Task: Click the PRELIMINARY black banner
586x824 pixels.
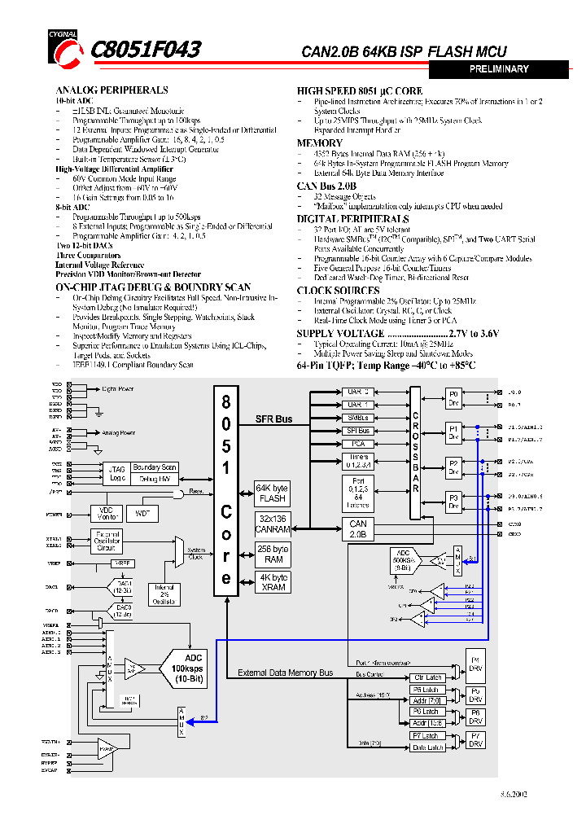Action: [499, 70]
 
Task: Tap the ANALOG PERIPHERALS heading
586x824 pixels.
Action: [112, 90]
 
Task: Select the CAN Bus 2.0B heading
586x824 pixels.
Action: [326, 186]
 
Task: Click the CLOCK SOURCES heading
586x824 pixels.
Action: [338, 291]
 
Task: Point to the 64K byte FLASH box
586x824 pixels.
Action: [272, 493]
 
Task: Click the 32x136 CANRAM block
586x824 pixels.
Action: [272, 524]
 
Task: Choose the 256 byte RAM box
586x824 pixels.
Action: [272, 554]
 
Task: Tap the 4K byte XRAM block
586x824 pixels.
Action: [272, 582]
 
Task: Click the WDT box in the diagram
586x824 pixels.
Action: [143, 513]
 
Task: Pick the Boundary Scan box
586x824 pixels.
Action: [155, 467]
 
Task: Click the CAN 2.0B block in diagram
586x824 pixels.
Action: [358, 529]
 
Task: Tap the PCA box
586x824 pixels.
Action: [358, 444]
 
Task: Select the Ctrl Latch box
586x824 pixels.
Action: [428, 677]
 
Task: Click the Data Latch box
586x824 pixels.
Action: [428, 747]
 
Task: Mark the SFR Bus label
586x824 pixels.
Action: [273, 419]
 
